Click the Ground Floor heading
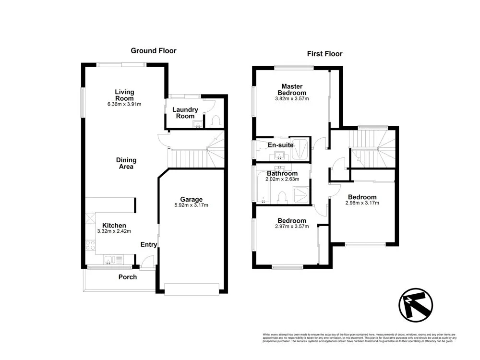[x=154, y=50]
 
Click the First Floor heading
[x=324, y=54]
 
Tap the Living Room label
[x=124, y=95]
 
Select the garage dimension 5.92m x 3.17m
[x=192, y=205]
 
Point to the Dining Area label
[x=126, y=163]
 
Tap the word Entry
[x=149, y=245]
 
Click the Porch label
[x=128, y=277]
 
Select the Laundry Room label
[x=185, y=113]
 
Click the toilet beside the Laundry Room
[x=215, y=121]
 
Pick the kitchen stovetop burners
[x=90, y=245]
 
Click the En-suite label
[x=280, y=145]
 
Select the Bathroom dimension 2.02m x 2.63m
[x=283, y=180]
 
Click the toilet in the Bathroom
[x=282, y=196]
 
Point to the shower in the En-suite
[x=301, y=149]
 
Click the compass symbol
[x=416, y=305]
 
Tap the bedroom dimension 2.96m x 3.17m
[x=362, y=203]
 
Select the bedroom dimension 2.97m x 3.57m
[x=291, y=227]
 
